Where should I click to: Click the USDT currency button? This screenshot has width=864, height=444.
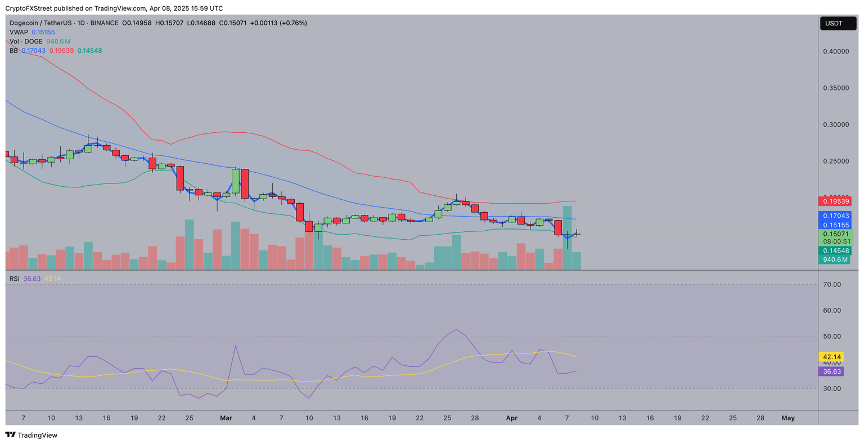click(x=838, y=23)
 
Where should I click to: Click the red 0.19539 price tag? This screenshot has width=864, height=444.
click(x=835, y=201)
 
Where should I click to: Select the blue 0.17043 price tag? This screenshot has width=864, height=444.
click(x=835, y=216)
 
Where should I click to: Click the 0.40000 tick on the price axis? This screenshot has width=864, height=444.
click(x=836, y=52)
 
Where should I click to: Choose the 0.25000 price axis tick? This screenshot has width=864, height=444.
click(x=836, y=162)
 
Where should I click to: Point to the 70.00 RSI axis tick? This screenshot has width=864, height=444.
click(x=832, y=285)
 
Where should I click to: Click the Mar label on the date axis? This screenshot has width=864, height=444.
click(x=226, y=418)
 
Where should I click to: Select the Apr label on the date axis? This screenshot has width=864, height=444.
click(x=511, y=418)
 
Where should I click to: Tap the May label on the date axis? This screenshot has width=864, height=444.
click(x=788, y=418)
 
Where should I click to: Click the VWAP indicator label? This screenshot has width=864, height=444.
click(x=19, y=33)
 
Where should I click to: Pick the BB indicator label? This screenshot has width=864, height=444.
click(x=13, y=51)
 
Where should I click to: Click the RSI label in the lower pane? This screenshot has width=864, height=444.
click(x=14, y=279)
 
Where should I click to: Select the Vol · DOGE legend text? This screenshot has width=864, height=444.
click(x=26, y=42)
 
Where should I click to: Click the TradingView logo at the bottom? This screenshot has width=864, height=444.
click(x=31, y=435)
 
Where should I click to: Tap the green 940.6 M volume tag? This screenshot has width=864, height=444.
click(x=835, y=260)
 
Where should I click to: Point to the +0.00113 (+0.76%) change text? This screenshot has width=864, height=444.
click(x=278, y=23)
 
